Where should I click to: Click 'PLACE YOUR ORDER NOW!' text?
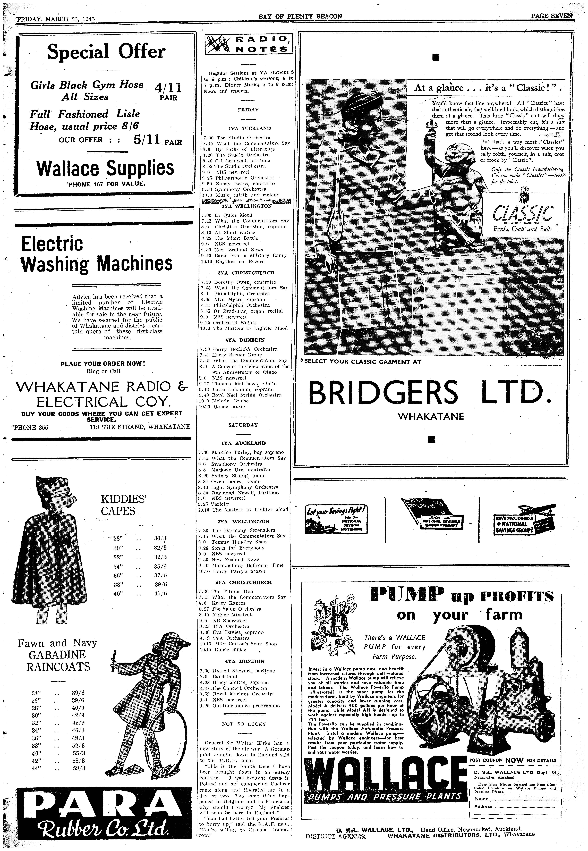pos(103,364)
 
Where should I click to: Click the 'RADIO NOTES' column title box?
pos(247,44)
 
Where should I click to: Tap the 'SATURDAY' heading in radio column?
pos(243,425)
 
